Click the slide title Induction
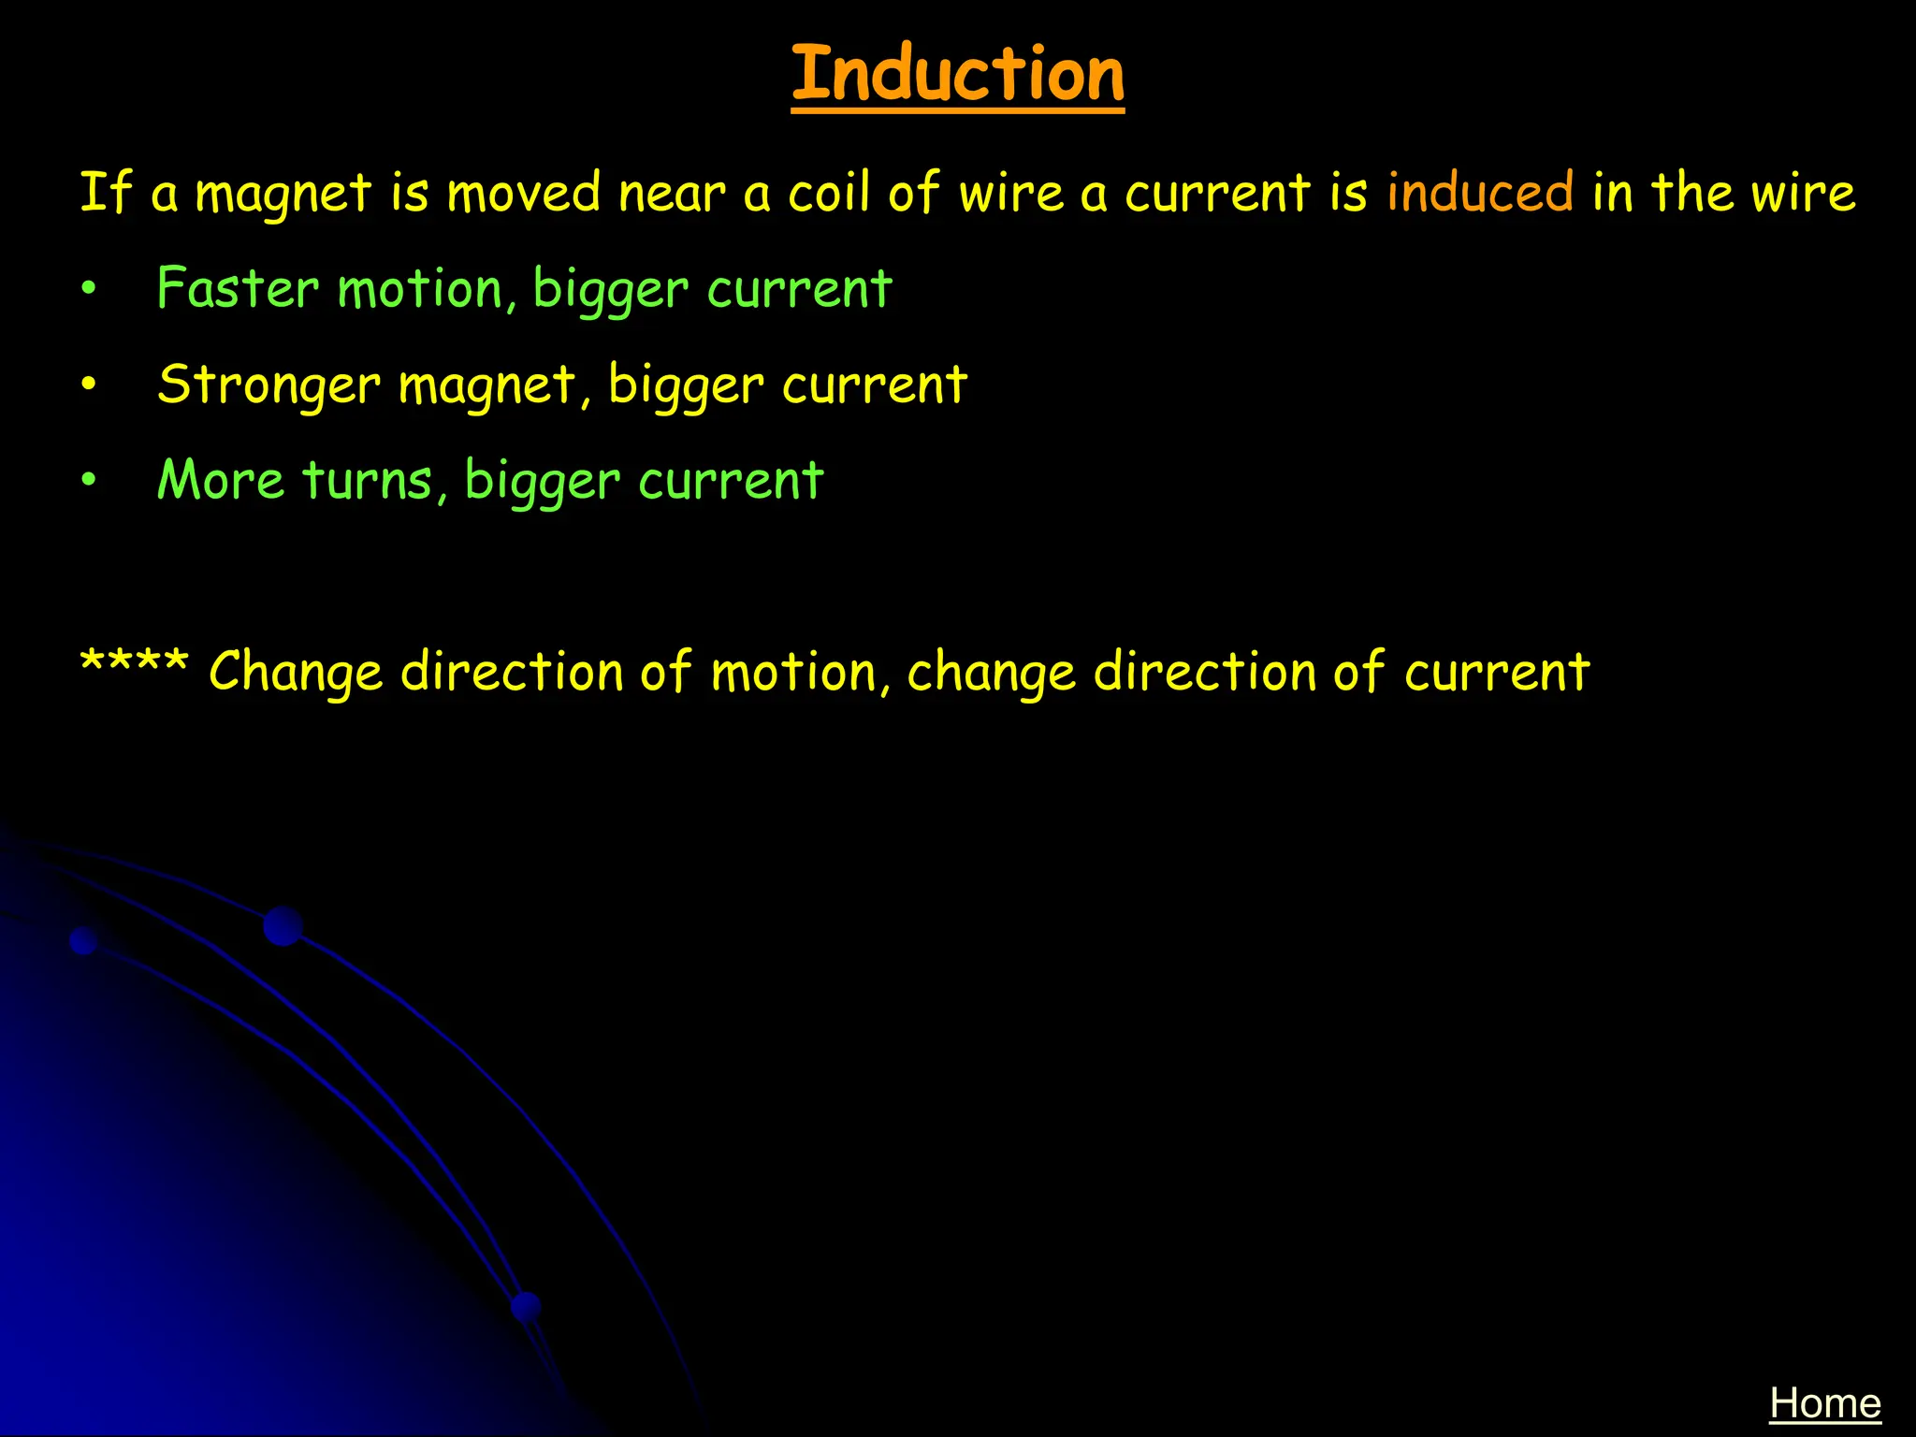(x=957, y=74)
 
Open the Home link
(x=1824, y=1403)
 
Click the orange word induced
(x=1480, y=193)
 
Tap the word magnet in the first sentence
(x=283, y=195)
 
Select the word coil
(x=828, y=193)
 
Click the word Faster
(x=238, y=288)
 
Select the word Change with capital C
(x=296, y=673)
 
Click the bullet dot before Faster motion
(x=89, y=289)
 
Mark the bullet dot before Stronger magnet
(x=89, y=385)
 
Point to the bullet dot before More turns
(x=89, y=481)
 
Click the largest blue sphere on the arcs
(x=283, y=926)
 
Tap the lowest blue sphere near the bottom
(x=527, y=1306)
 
